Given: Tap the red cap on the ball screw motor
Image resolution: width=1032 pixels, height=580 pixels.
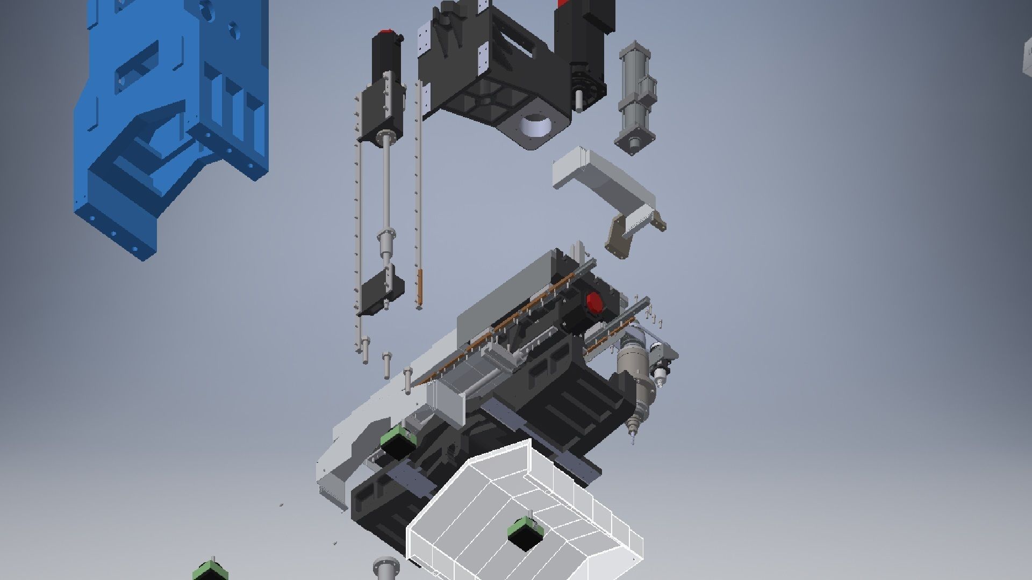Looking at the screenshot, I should click(385, 33).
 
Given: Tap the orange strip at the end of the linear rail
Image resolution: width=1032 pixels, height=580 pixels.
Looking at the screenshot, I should click(420, 287).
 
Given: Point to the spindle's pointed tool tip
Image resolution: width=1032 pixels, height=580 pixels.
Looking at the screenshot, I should click(633, 440).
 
